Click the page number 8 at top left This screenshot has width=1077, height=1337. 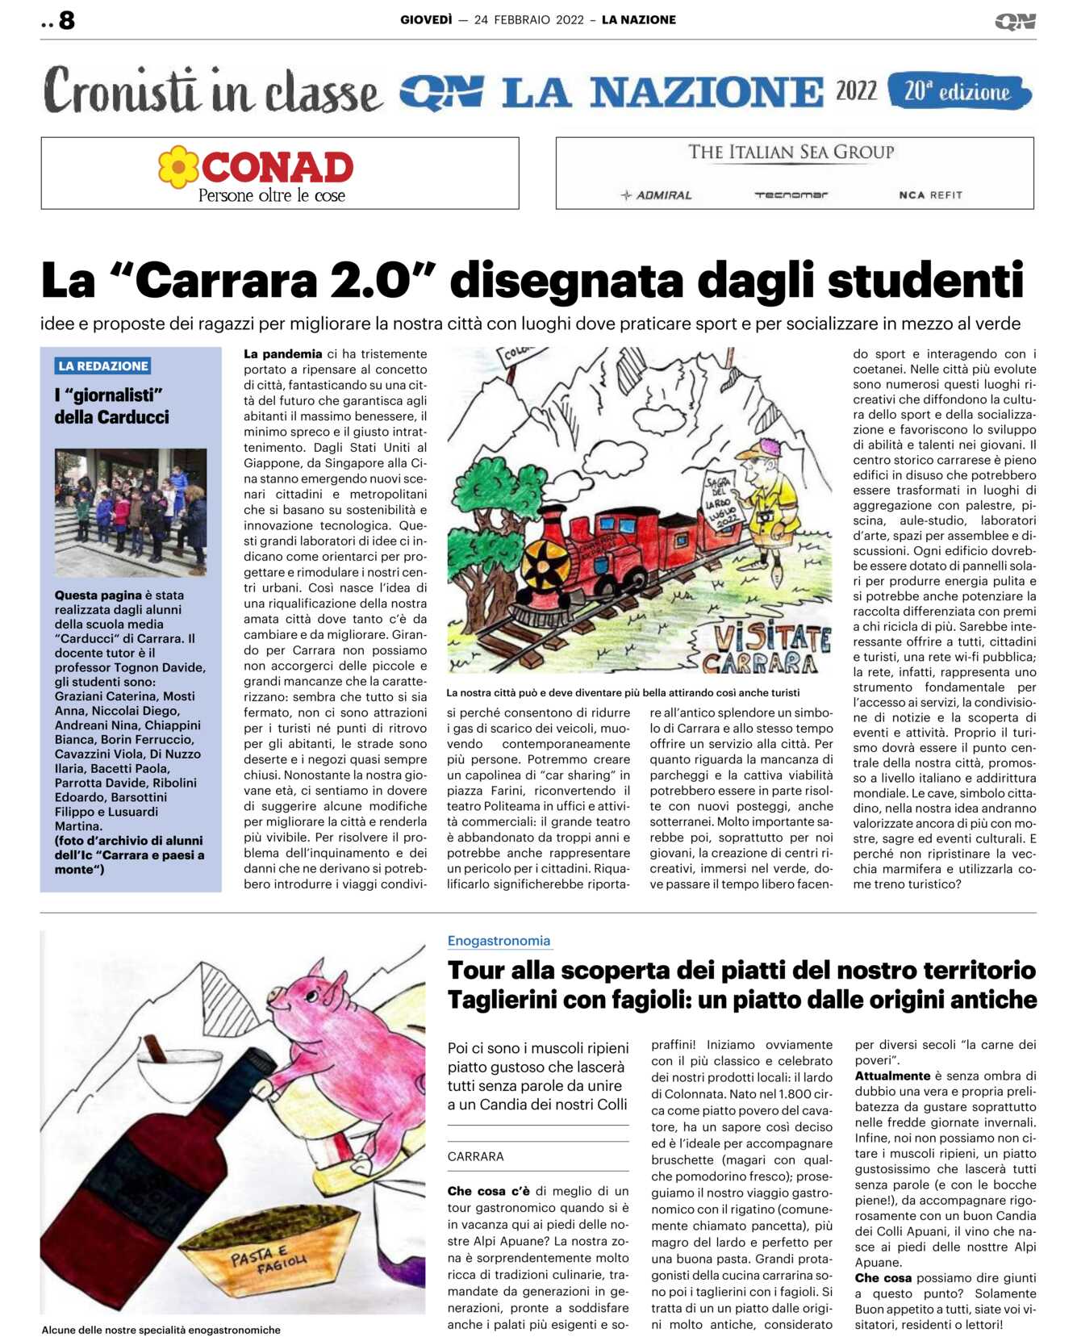(x=67, y=20)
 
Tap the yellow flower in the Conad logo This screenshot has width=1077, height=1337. (x=178, y=167)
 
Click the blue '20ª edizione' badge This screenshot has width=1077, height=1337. (x=958, y=91)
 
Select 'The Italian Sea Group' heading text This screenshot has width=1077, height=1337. (x=791, y=152)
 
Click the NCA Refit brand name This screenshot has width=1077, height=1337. (x=930, y=194)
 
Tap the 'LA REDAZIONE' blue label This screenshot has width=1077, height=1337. (x=103, y=366)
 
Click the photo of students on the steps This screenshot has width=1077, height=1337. (x=131, y=512)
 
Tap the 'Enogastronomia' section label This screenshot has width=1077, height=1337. (x=499, y=941)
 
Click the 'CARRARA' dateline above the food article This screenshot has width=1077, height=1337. (x=475, y=1156)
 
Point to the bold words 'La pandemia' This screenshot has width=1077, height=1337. (x=282, y=353)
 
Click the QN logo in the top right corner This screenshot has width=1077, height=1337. (x=1015, y=21)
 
